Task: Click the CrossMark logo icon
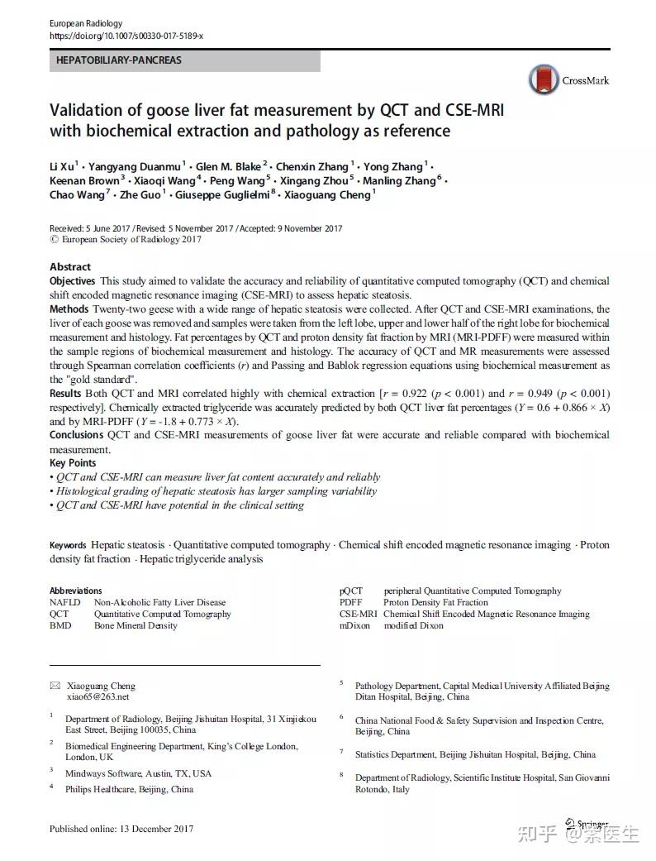543,79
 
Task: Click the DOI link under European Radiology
126,36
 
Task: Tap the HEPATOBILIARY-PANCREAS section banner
119,60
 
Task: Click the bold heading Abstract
70,267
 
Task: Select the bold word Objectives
73,282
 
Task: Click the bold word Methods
69,309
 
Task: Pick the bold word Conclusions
77,435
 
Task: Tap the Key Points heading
73,463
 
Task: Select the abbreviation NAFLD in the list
65,603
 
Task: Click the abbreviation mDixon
356,626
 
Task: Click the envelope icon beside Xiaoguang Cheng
55,686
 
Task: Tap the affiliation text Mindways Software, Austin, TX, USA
138,773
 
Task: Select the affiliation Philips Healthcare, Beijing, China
129,789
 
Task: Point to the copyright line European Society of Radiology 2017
126,240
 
